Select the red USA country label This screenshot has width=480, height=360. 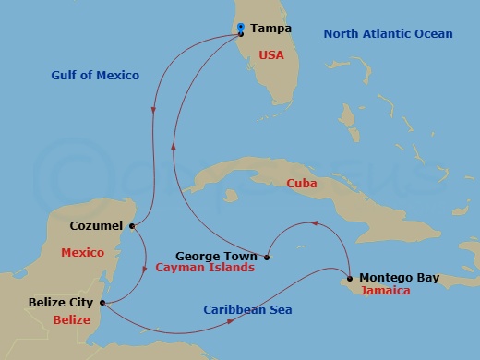(271, 55)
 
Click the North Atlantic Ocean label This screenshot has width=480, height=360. (388, 34)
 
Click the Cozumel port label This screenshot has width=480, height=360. (96, 225)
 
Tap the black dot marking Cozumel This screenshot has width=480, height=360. (133, 225)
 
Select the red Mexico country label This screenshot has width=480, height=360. (81, 252)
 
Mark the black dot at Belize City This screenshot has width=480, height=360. (101, 302)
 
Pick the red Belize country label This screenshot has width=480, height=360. (71, 320)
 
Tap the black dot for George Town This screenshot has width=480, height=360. (266, 257)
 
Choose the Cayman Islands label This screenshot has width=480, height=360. (204, 268)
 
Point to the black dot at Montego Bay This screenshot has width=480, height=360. (350, 278)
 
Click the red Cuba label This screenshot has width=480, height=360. (301, 184)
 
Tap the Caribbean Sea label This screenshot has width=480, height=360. (247, 309)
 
